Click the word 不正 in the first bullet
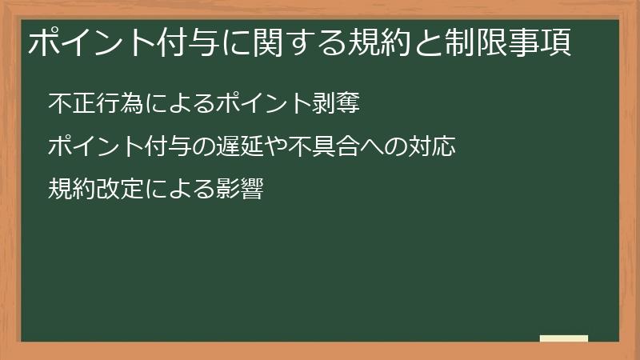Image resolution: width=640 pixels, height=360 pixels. pyautogui.click(x=70, y=105)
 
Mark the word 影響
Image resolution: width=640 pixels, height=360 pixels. pyautogui.click(x=241, y=190)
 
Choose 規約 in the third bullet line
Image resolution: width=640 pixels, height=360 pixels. pyautogui.click(x=70, y=190)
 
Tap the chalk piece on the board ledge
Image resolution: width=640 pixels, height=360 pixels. pyautogui.click(x=563, y=339)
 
